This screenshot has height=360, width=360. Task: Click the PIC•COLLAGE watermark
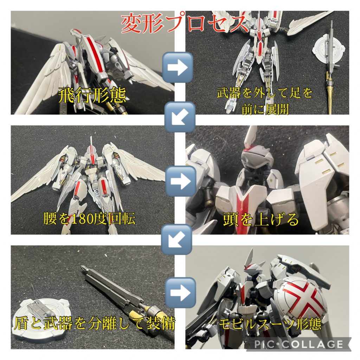tap(298, 344)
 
